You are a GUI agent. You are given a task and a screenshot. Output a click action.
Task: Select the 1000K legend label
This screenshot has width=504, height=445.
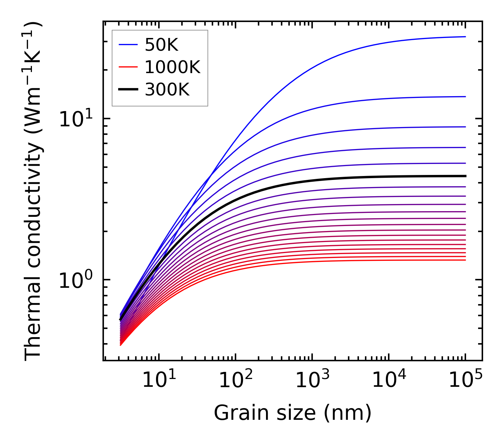pos(172,67)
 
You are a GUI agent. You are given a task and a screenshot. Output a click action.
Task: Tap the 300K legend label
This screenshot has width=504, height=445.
pos(167,90)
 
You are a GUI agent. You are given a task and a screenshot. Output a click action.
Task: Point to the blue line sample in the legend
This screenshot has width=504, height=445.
pos(128,45)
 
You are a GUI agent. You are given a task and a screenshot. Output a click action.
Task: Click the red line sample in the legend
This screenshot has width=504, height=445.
pos(128,67)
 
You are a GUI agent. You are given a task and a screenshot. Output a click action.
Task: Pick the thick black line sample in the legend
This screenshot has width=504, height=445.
pos(128,90)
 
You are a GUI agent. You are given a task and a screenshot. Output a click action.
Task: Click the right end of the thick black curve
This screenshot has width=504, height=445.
pos(465,176)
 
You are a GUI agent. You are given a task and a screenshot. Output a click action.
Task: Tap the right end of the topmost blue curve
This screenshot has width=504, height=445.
pos(465,37)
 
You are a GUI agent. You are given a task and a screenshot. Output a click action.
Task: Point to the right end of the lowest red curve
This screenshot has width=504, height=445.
pos(465,260)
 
